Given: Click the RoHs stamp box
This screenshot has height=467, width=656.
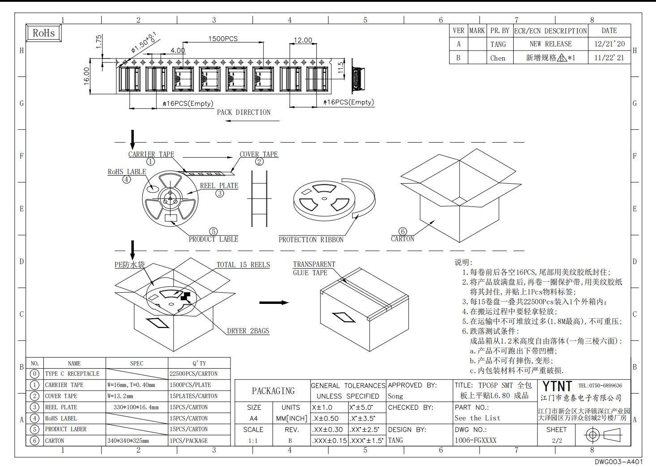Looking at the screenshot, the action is [x=44, y=33].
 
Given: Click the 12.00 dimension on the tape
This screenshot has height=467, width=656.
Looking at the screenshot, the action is [x=303, y=40].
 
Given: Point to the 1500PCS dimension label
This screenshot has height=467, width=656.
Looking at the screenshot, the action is [x=223, y=38].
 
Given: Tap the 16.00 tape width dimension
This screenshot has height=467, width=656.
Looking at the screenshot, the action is [x=86, y=76].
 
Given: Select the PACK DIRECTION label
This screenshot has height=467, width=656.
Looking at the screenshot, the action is [x=244, y=112].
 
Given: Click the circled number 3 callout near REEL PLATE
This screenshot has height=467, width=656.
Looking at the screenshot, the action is [x=220, y=194].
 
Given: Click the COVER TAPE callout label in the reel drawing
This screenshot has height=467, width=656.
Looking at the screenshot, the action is [x=259, y=154].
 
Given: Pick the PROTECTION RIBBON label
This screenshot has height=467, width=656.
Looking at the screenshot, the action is [x=311, y=240].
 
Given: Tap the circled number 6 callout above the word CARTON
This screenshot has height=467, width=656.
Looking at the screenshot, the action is [x=403, y=231].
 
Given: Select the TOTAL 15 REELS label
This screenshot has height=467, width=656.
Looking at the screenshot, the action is [x=243, y=265].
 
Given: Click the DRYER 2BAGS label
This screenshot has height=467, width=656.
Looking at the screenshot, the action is [x=248, y=331].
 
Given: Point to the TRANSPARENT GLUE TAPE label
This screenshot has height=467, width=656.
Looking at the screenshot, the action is [x=314, y=269].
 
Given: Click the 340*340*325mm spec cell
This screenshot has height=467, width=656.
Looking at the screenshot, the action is [x=128, y=441].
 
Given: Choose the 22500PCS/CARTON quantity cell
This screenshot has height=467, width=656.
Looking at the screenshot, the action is [x=194, y=374].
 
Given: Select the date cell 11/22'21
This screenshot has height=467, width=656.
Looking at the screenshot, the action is [x=609, y=58].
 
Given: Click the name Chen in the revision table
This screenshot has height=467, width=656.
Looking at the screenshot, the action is [x=498, y=58].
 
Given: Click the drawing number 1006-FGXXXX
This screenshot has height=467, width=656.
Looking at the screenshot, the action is [x=476, y=440].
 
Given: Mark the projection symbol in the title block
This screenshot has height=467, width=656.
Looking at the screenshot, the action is [x=603, y=435].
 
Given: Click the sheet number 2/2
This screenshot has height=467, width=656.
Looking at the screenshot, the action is [x=557, y=441].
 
